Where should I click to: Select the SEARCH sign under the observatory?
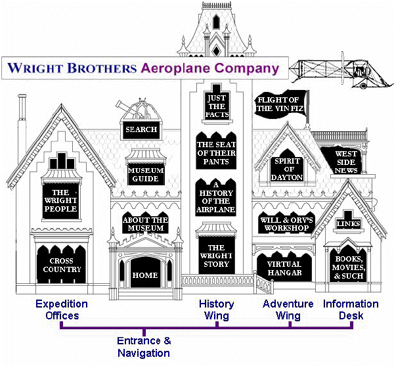pyautogui.click(x=141, y=130)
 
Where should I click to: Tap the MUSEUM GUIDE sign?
pyautogui.click(x=146, y=174)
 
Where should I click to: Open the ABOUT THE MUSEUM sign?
pyautogui.click(x=146, y=223)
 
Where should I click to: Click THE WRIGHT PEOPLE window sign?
pyautogui.click(x=61, y=201)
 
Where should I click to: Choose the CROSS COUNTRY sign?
pyautogui.click(x=62, y=264)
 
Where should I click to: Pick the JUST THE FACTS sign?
pyautogui.click(x=217, y=104)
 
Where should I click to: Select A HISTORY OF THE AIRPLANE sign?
pyautogui.click(x=216, y=198)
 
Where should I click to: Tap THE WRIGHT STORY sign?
pyautogui.click(x=216, y=256)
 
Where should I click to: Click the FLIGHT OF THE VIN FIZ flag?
pyautogui.click(x=280, y=104)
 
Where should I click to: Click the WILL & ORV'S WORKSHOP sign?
pyautogui.click(x=286, y=223)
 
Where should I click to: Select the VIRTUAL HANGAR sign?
pyautogui.click(x=284, y=267)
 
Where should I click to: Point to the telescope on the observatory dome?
pyautogui.click(x=124, y=106)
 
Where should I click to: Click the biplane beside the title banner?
pyautogui.click(x=341, y=71)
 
